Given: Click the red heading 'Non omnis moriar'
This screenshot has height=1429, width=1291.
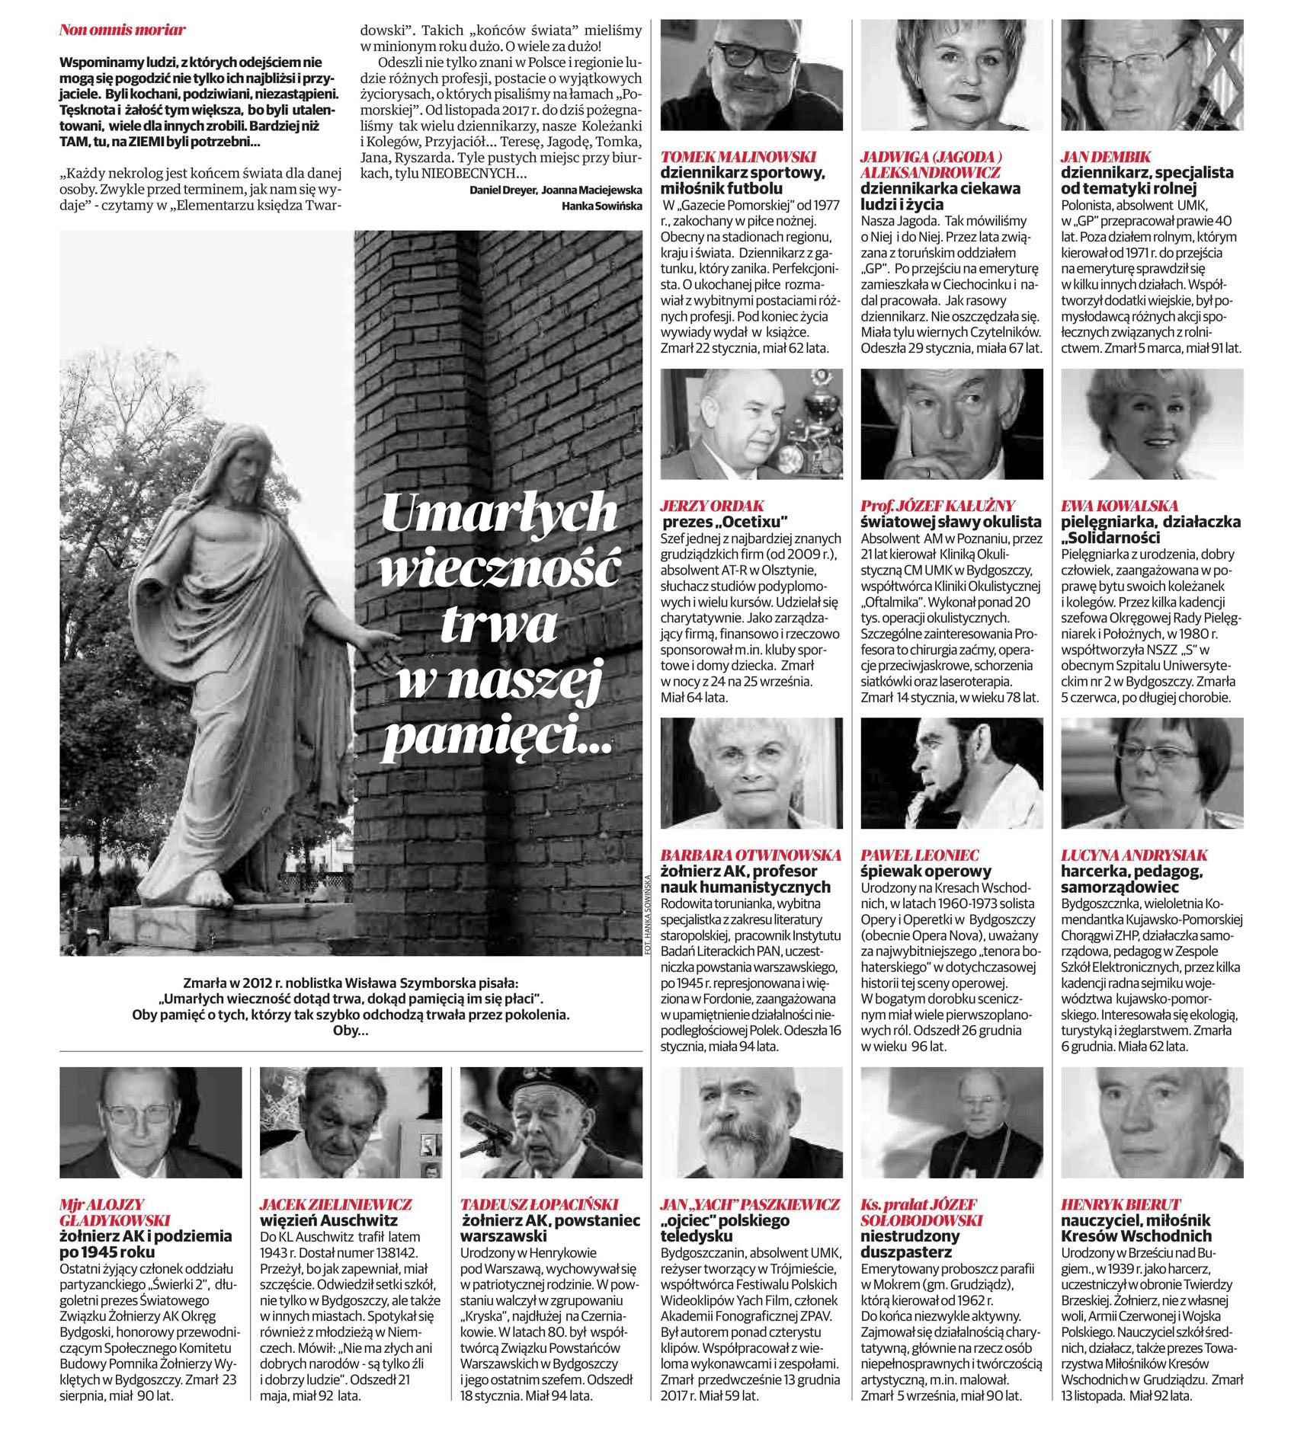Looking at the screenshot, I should pos(123,30).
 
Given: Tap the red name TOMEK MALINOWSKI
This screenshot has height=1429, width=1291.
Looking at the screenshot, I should pos(738,157).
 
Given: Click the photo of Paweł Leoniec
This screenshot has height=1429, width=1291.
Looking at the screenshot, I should pos(952,772).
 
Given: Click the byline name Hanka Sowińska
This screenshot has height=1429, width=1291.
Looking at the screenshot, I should pos(601,206).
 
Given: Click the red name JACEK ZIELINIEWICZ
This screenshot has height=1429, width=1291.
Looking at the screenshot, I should pos(335,1204).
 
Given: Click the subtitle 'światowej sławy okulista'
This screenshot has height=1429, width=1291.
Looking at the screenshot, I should pos(950,522).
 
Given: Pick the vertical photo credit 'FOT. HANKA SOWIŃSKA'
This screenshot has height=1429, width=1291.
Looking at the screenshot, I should pos(647,913).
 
